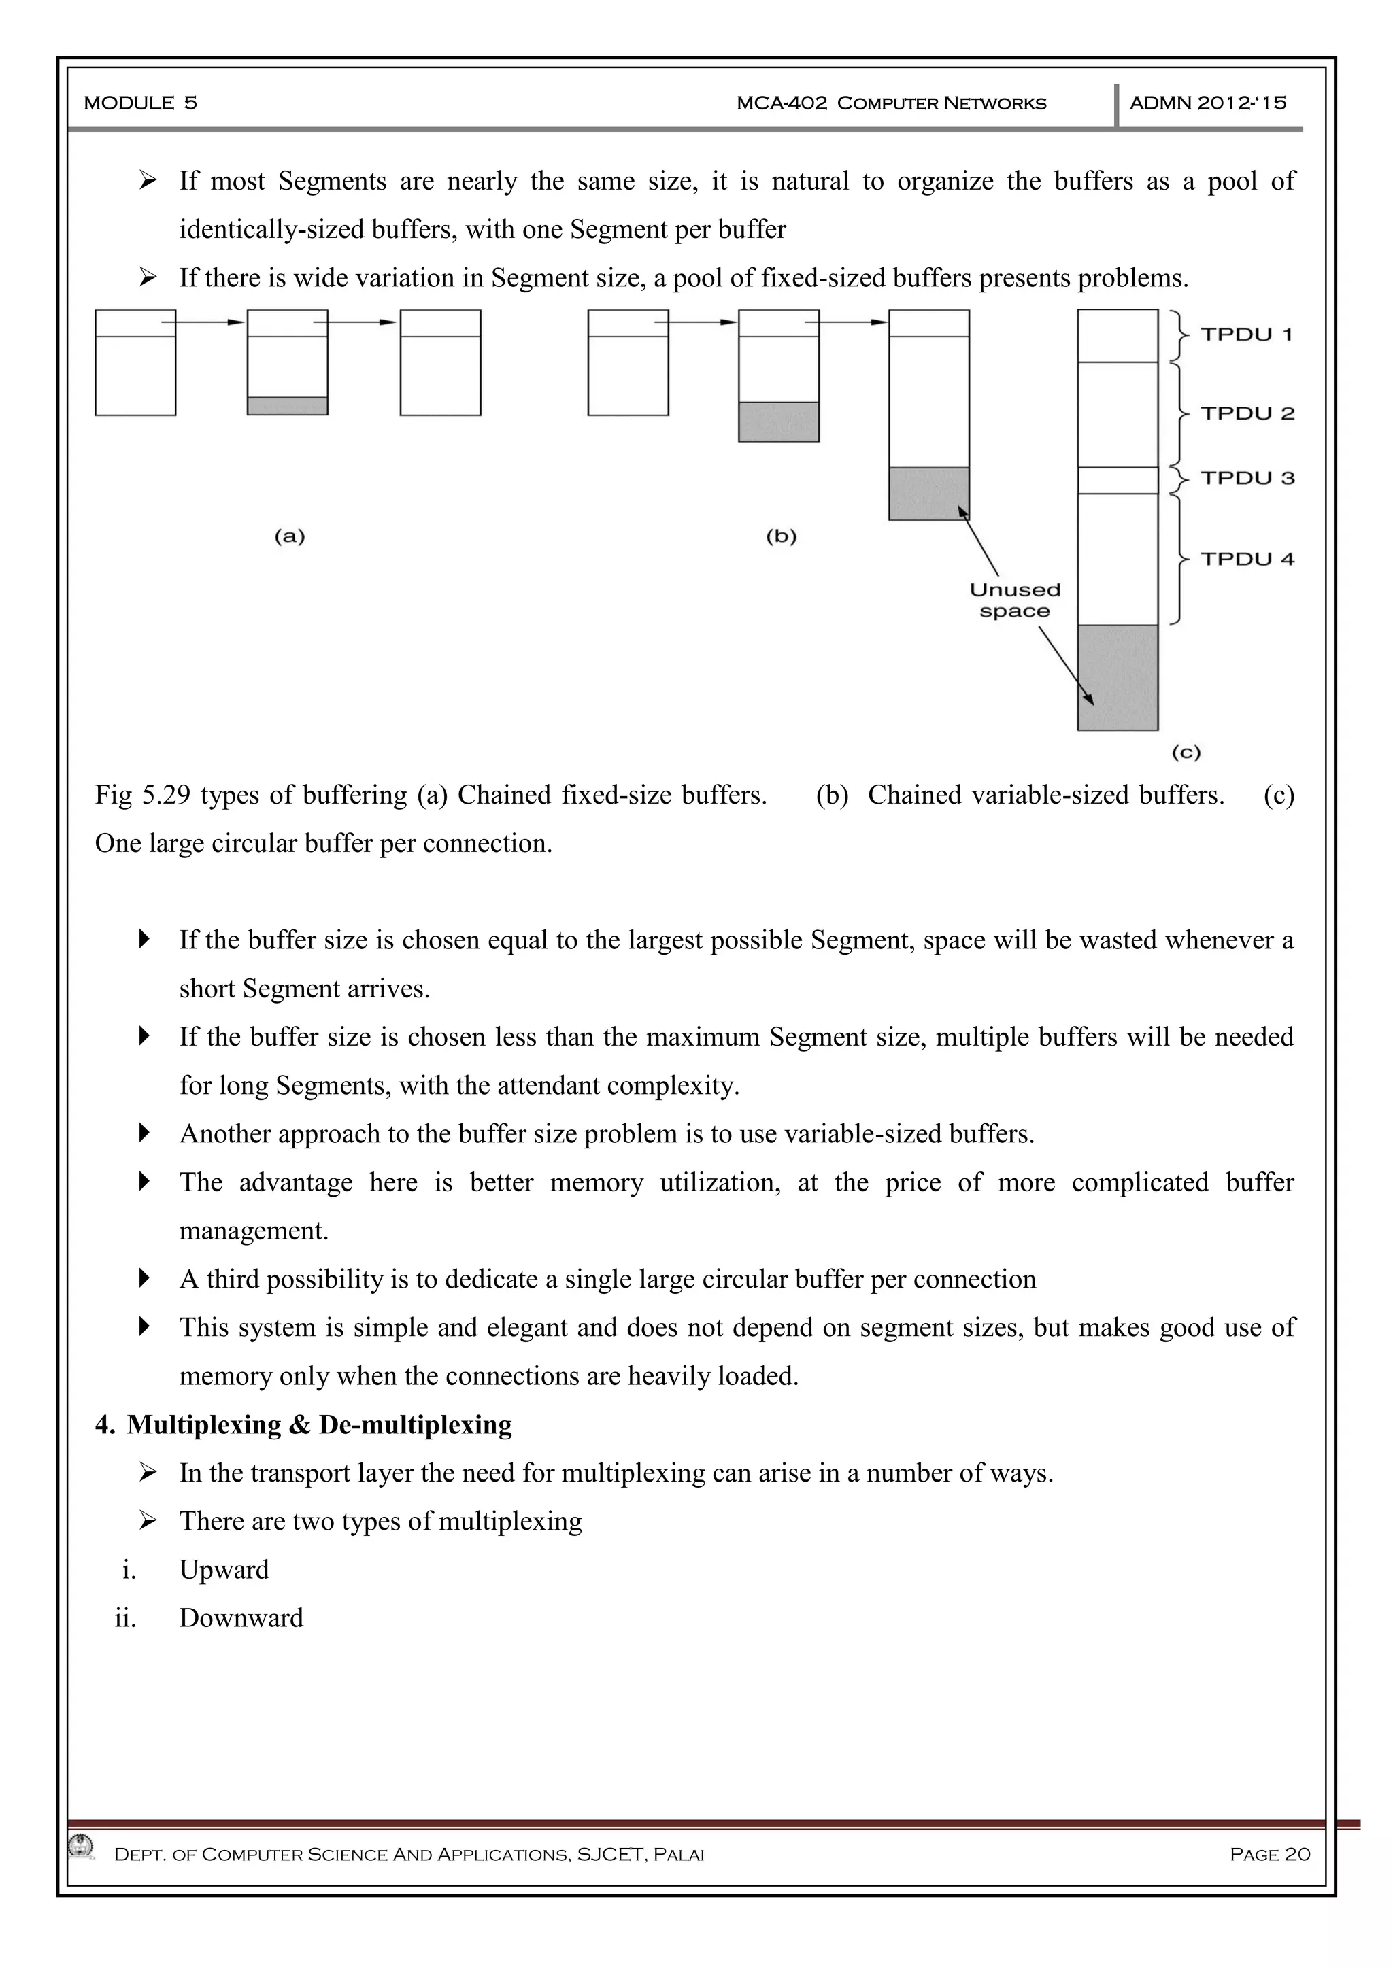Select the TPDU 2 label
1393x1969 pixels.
pyautogui.click(x=1247, y=413)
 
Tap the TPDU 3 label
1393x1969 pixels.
pyautogui.click(x=1247, y=478)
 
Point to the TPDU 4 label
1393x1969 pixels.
pyautogui.click(x=1247, y=559)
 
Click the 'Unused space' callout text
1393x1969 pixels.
pyautogui.click(x=1015, y=600)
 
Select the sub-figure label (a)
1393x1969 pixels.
pyautogui.click(x=289, y=537)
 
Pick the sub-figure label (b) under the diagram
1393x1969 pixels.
pyautogui.click(x=781, y=537)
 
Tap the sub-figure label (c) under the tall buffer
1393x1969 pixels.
pyautogui.click(x=1186, y=753)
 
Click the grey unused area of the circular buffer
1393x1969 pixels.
pyautogui.click(x=1118, y=677)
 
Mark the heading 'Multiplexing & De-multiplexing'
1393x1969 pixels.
pyautogui.click(x=319, y=1424)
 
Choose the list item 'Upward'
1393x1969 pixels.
pyautogui.click(x=224, y=1569)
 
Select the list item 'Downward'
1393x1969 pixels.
pyautogui.click(x=241, y=1617)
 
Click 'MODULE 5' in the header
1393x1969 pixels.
pyautogui.click(x=141, y=103)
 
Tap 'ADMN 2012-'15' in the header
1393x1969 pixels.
pyautogui.click(x=1208, y=103)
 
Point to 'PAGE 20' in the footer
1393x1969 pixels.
pyautogui.click(x=1269, y=1854)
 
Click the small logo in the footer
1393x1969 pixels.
pyautogui.click(x=81, y=1845)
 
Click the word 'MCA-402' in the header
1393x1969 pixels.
pyautogui.click(x=782, y=103)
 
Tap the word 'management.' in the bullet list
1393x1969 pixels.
pyautogui.click(x=254, y=1231)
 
